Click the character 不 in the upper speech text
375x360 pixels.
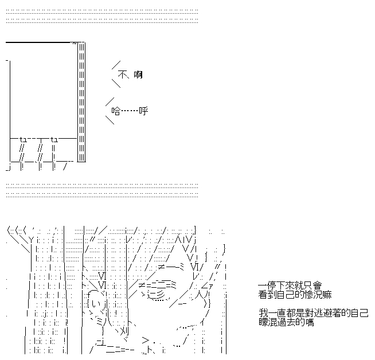pyautogui.click(x=122, y=75)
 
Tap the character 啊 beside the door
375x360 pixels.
pyautogui.click(x=138, y=75)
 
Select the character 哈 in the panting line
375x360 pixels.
pyautogui.click(x=116, y=111)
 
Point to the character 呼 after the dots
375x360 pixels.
pyautogui.click(x=143, y=111)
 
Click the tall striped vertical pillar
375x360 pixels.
pyautogui.click(x=81, y=102)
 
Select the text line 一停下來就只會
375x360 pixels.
pyautogui.click(x=290, y=285)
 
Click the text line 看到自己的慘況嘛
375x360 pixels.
pyautogui.click(x=295, y=294)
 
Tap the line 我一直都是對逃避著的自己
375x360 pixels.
pyautogui.click(x=313, y=314)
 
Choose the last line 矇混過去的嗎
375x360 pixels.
pyautogui.click(x=286, y=322)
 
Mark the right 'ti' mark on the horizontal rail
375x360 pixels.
pyautogui.click(x=54, y=139)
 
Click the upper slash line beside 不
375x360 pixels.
pyautogui.click(x=116, y=64)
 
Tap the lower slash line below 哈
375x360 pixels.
pyautogui.click(x=110, y=120)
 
